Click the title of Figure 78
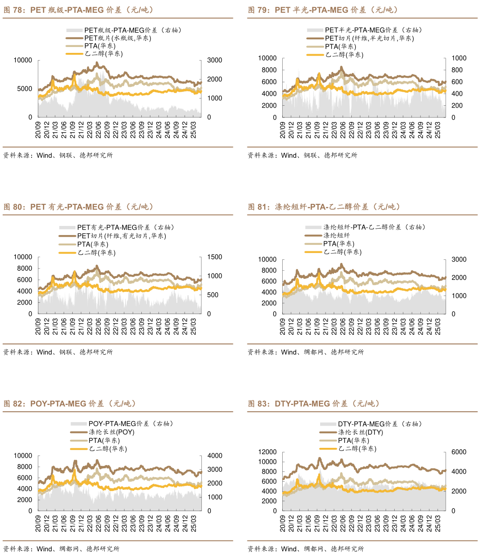pos(79,9)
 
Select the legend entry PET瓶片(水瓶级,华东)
pos(118,38)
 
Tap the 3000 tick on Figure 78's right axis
pos(214,60)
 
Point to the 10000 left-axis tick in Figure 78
pos(23,60)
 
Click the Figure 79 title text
pos(323,9)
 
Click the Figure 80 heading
pos(79,207)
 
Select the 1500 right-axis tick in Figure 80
pos(214,257)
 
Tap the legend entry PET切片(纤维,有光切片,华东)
pos(121,235)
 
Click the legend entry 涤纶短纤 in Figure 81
pos(336,235)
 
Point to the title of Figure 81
pos(324,207)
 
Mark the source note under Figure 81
pos(306,352)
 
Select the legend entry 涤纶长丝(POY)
pos(112,432)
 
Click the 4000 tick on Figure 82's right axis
pos(214,456)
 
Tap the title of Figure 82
pos(70,404)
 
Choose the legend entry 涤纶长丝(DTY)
pos(360,432)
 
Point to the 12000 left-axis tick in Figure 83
pos(267,452)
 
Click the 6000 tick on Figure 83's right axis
pos(459,452)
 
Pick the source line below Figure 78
pos(58,155)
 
